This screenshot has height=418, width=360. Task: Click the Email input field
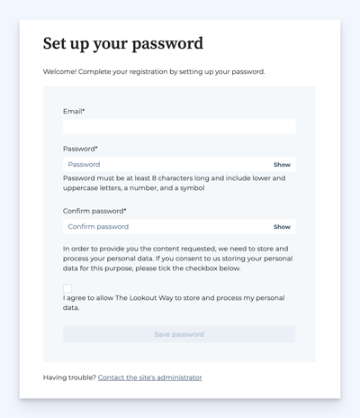178,127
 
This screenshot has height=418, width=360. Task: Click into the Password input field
166,165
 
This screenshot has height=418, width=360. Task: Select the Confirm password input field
166,227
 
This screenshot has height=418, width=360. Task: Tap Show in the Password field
282,165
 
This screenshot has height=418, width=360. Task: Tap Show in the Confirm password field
282,227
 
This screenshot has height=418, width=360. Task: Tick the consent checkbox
67,287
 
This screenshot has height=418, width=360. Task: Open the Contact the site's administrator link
149,377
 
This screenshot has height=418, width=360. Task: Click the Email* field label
74,112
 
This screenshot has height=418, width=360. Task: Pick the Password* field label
80,149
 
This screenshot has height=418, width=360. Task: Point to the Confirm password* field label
94,211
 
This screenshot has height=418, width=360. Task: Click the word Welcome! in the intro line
60,71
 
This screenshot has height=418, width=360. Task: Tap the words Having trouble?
68,377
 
